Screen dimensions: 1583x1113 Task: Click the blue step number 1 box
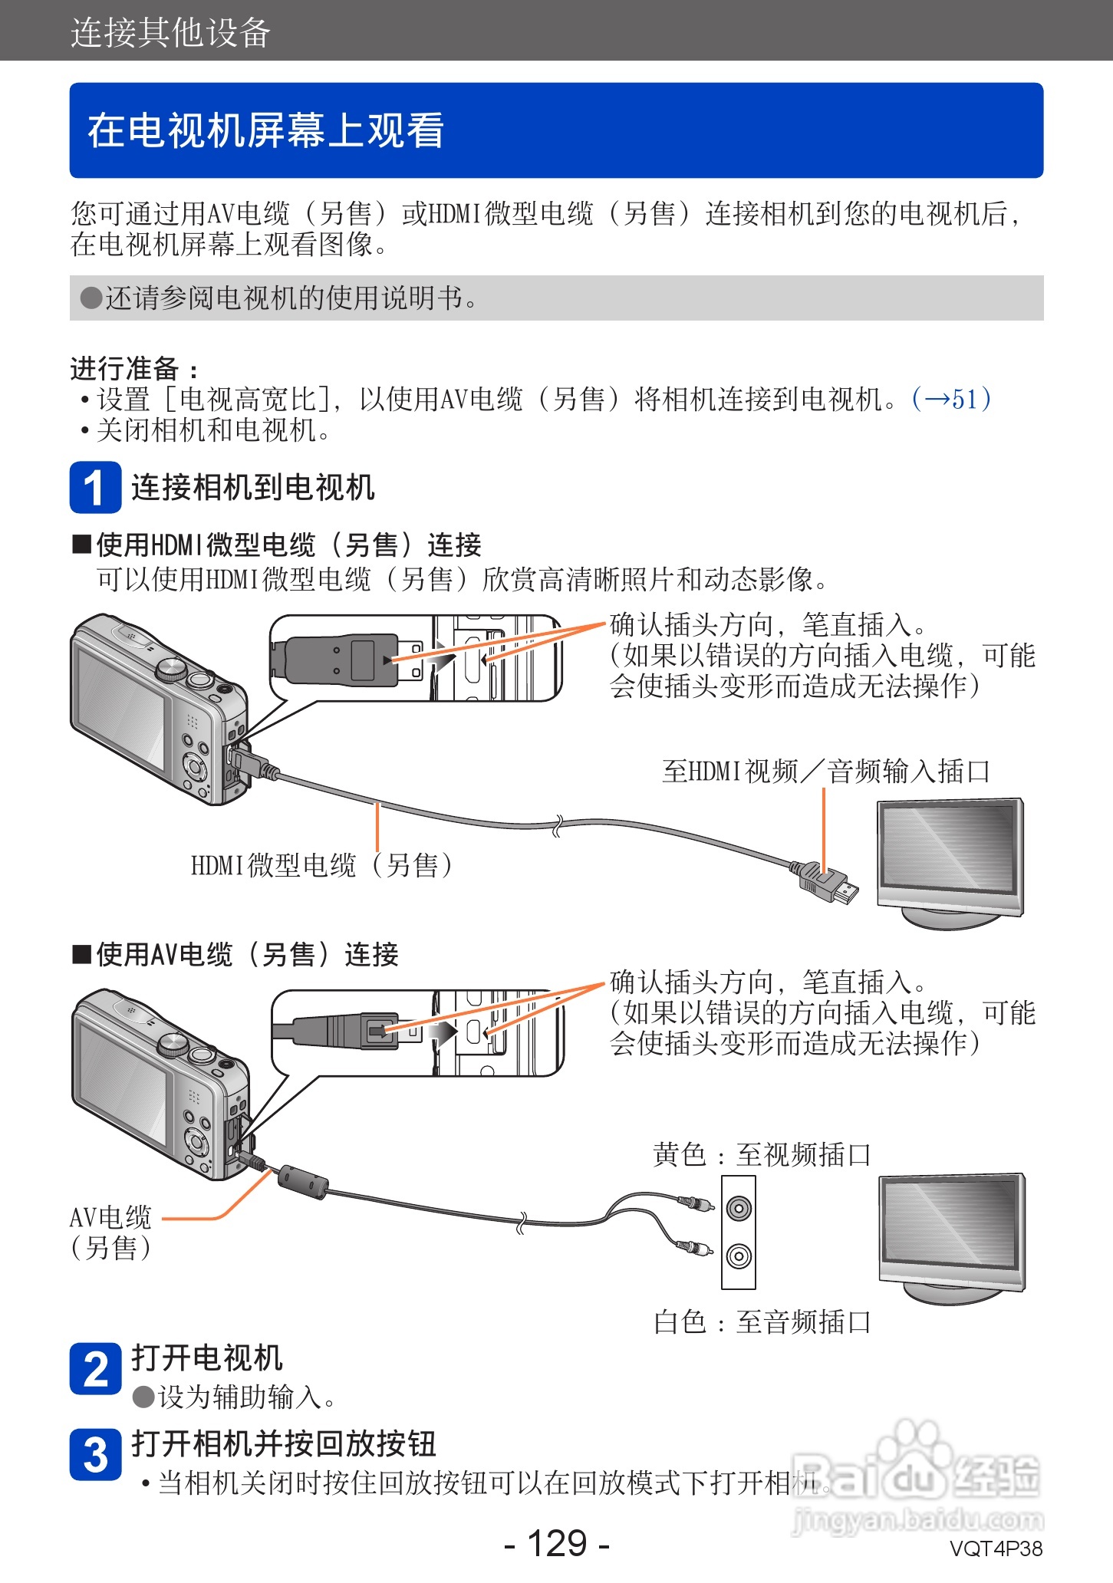[x=95, y=487]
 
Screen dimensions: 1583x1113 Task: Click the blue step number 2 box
[x=95, y=1368]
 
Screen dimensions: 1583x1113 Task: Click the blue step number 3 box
[x=95, y=1454]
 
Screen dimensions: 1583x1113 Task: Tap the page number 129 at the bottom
[x=557, y=1542]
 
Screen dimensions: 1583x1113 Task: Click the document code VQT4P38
[x=996, y=1548]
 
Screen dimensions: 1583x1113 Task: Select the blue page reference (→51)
[x=951, y=399]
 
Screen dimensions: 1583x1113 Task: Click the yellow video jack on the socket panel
[x=738, y=1209]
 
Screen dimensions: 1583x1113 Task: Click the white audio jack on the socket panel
[x=738, y=1256]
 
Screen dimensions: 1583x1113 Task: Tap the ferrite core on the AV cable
[x=302, y=1182]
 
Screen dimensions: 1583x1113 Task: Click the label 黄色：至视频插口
[x=761, y=1154]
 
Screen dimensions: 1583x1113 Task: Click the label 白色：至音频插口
[x=761, y=1321]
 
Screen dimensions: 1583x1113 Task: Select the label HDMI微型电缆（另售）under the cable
[x=322, y=865]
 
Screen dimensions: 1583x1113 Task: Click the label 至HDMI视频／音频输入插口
[x=825, y=771]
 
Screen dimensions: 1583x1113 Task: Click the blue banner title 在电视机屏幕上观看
[x=265, y=130]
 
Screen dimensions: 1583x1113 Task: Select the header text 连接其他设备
[x=170, y=32]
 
